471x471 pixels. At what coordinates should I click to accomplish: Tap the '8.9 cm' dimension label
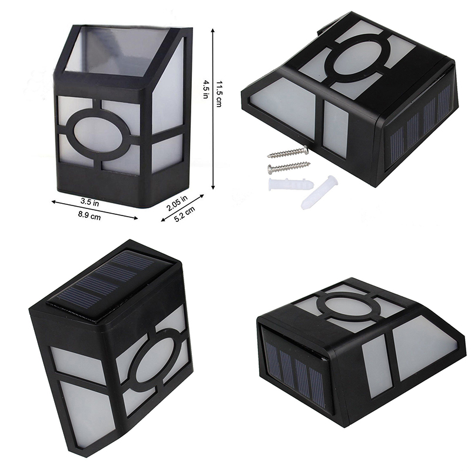(x=89, y=215)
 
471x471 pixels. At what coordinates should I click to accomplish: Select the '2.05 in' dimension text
(x=177, y=203)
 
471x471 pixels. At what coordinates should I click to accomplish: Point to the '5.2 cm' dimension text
(x=184, y=214)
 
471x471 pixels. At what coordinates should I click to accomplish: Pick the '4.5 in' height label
(x=206, y=89)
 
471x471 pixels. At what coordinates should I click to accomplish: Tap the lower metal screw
(x=288, y=167)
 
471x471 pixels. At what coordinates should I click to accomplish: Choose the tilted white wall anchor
(x=320, y=193)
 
